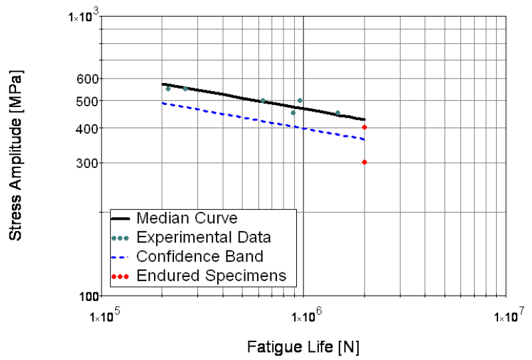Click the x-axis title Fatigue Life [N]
tap(304, 346)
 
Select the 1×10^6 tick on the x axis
tap(304, 316)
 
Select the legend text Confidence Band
tap(199, 256)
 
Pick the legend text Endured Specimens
tap(211, 275)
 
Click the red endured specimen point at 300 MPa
tap(365, 162)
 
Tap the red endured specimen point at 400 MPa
tap(365, 127)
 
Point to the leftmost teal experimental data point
tap(167, 88)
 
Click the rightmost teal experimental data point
tap(337, 113)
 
